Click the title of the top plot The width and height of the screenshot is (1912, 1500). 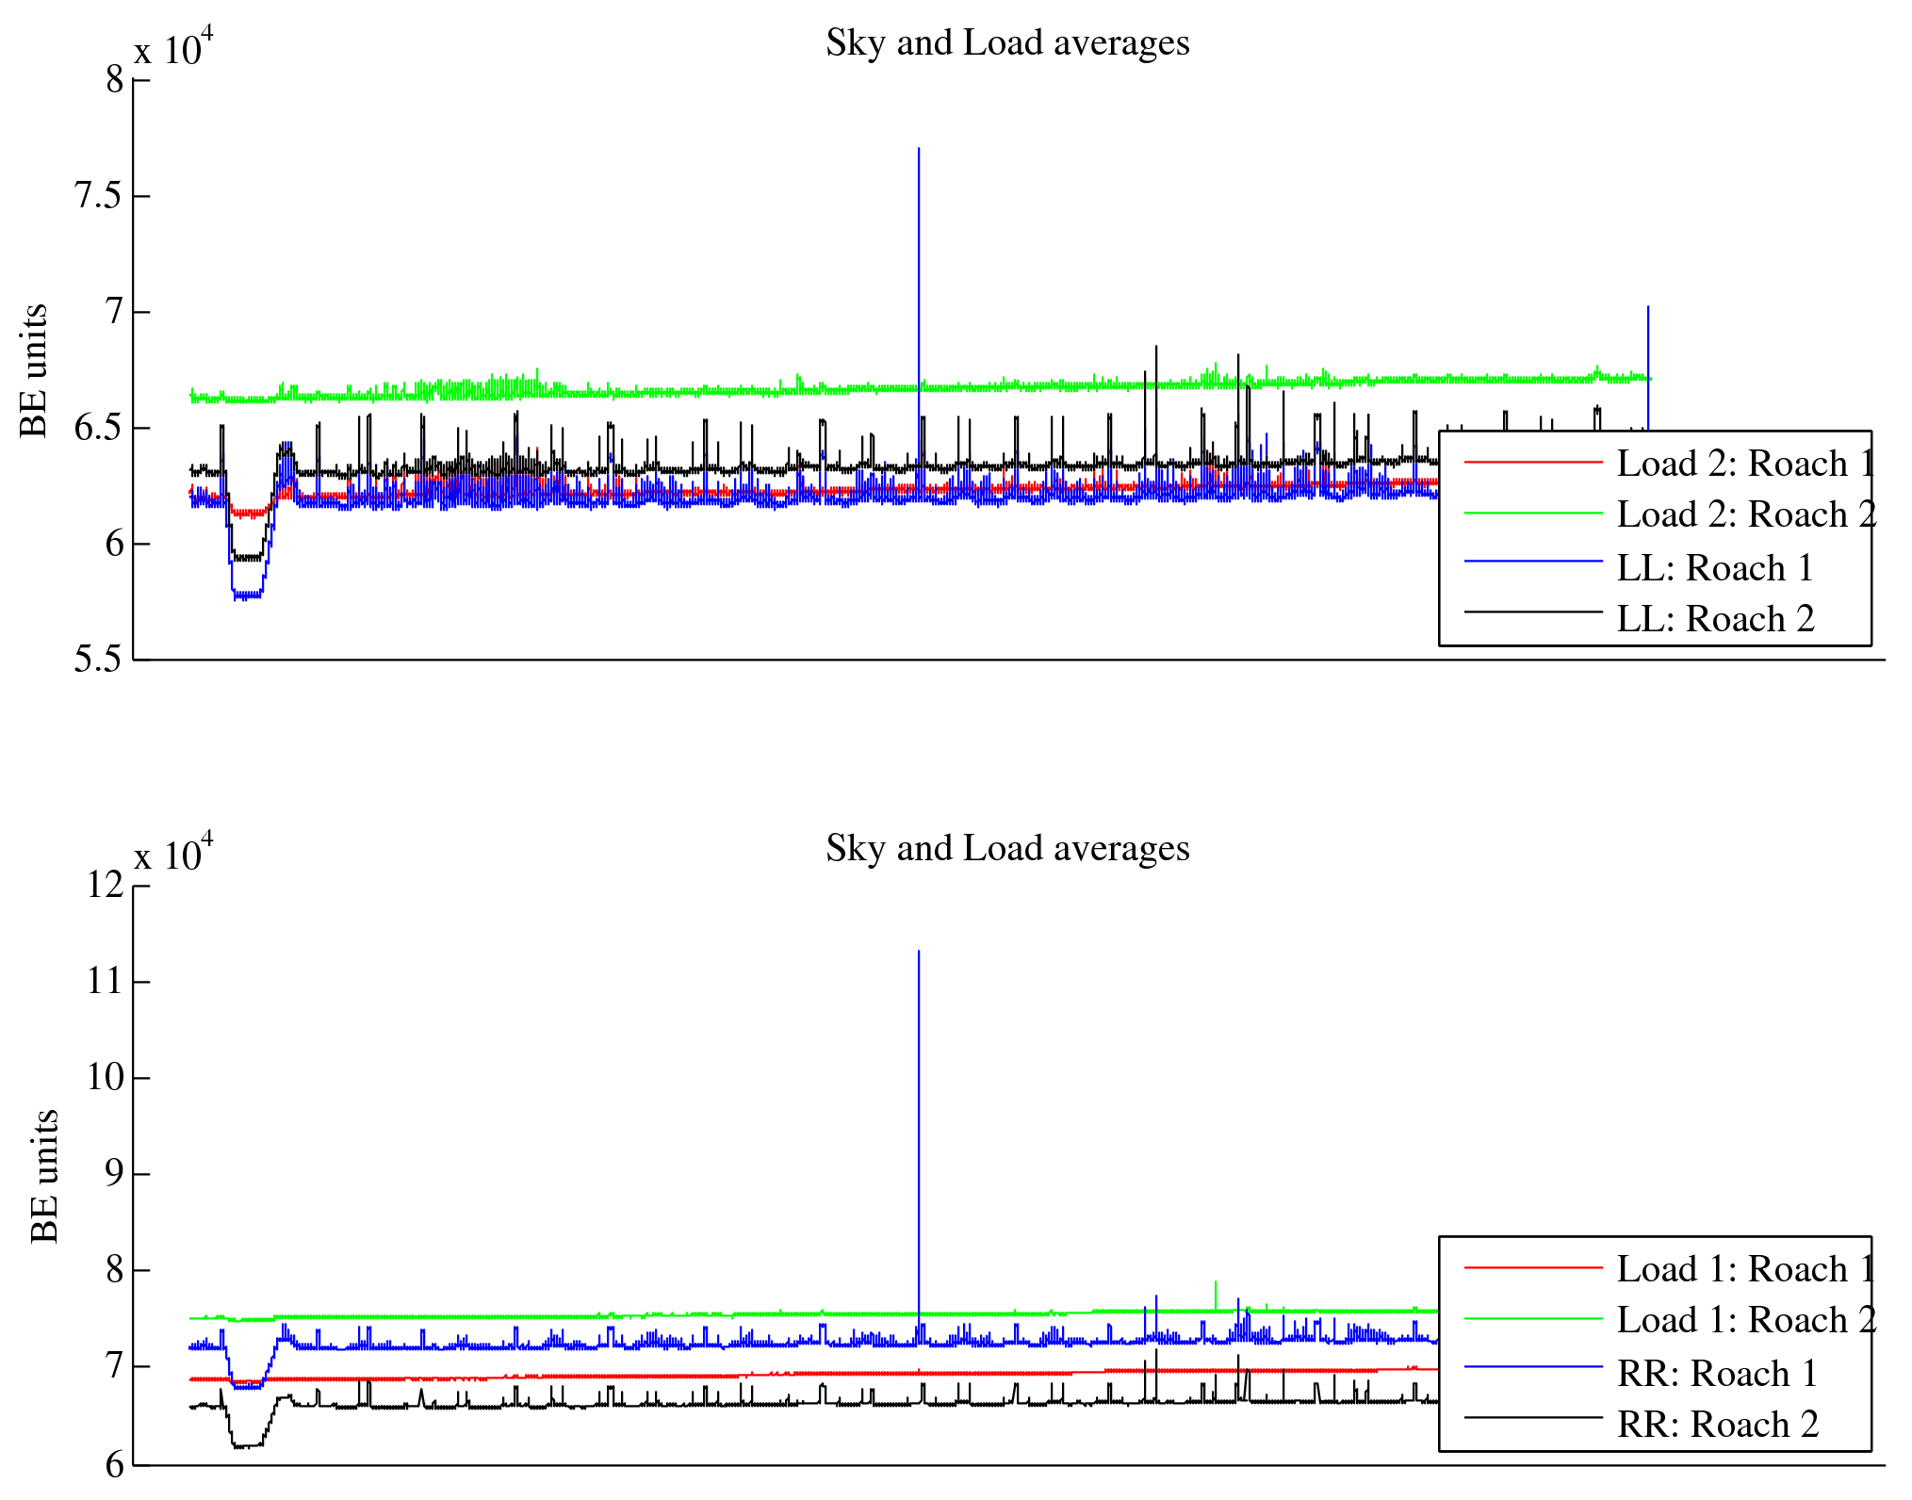tap(1007, 43)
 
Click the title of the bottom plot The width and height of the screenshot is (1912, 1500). tap(1007, 849)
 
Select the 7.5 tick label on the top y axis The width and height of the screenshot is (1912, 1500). tap(98, 196)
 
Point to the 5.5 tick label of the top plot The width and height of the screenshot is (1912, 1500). tap(98, 660)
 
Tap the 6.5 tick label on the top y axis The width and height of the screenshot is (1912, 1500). tap(98, 428)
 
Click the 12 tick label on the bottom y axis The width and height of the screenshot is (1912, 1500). tap(106, 886)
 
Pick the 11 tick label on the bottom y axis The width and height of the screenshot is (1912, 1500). tap(106, 982)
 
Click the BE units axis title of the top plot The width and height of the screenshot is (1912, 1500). tap(34, 370)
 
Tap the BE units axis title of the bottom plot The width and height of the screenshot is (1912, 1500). tap(44, 1176)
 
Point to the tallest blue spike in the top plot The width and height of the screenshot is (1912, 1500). tap(919, 151)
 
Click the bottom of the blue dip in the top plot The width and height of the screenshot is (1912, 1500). tap(247, 595)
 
